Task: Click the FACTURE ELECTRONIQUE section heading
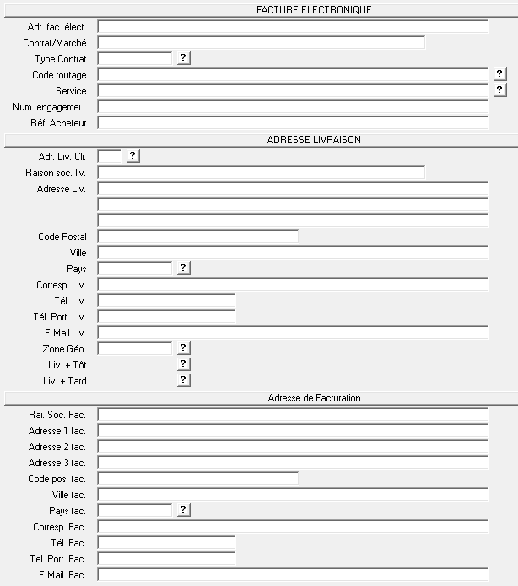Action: [314, 10]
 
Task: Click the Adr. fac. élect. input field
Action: [293, 27]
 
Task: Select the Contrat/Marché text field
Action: [262, 42]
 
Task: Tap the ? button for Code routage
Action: [499, 74]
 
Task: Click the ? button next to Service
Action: [499, 89]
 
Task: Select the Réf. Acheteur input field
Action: [293, 123]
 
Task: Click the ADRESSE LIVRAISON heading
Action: [314, 140]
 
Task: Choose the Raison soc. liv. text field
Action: [262, 172]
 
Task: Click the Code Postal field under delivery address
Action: [198, 237]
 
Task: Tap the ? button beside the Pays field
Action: [184, 268]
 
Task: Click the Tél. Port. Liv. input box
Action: [166, 316]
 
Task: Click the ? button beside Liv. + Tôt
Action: [184, 364]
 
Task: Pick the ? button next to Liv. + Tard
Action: [184, 380]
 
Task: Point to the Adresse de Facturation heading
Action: [314, 398]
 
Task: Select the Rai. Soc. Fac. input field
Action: [293, 414]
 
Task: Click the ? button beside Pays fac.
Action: [184, 510]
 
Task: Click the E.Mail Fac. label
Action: [62, 575]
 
